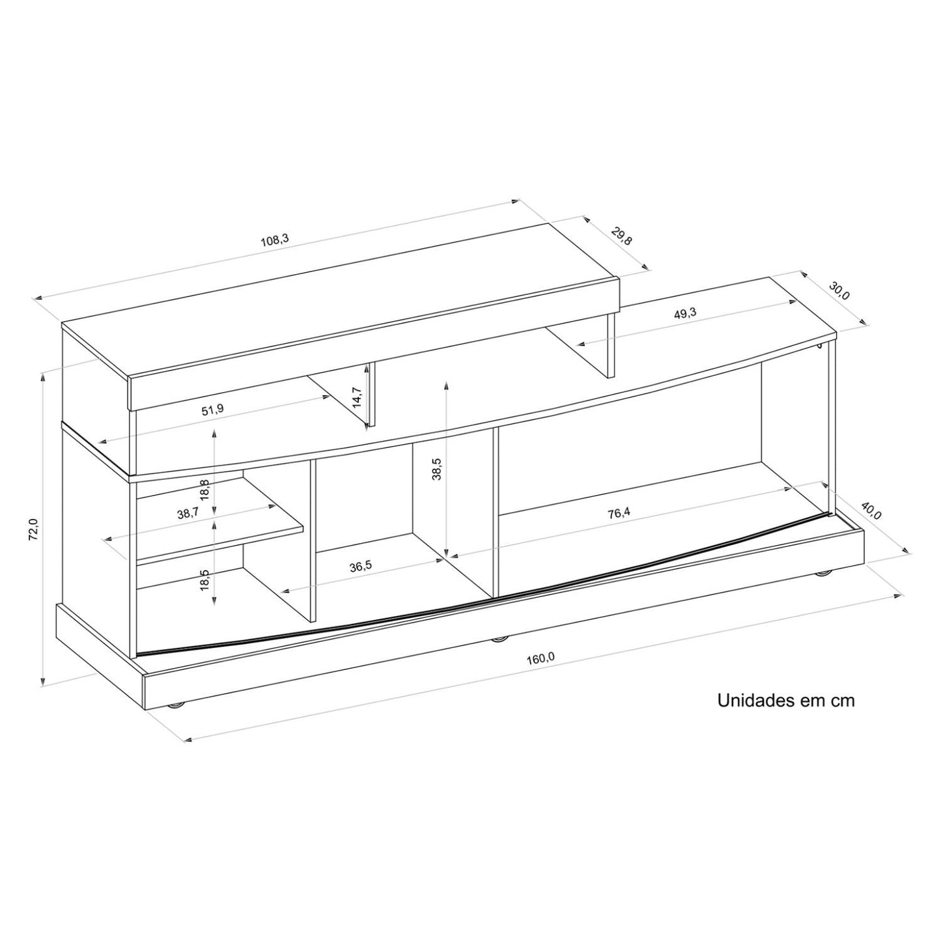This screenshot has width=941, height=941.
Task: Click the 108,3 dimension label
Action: click(275, 239)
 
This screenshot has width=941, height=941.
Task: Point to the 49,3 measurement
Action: click(684, 313)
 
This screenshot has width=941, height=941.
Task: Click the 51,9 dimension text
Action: click(212, 410)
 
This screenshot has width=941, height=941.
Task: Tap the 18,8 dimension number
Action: click(205, 489)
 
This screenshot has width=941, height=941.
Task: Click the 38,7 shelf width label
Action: click(188, 514)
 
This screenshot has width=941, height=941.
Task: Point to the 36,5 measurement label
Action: click(360, 567)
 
